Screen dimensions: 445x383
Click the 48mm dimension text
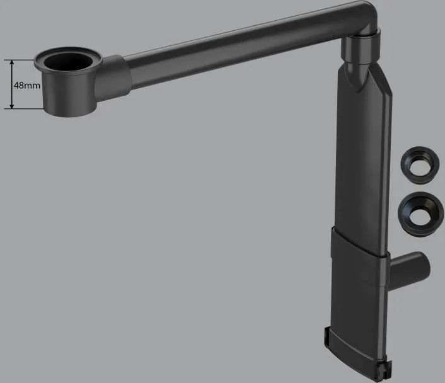(x=27, y=85)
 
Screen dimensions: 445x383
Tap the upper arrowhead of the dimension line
(x=12, y=63)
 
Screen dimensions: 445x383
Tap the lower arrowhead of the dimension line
(x=12, y=105)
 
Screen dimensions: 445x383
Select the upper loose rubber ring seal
(x=420, y=166)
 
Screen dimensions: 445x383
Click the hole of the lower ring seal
(x=420, y=214)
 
